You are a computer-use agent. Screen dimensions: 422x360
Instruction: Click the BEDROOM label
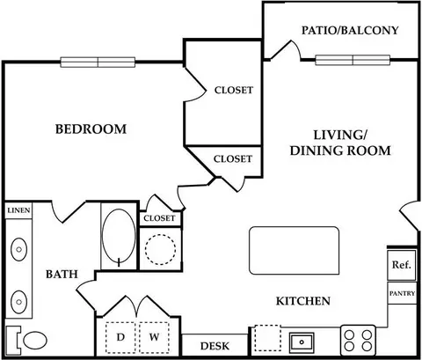[x=91, y=129]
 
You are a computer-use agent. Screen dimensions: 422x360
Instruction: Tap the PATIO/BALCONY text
[x=350, y=30]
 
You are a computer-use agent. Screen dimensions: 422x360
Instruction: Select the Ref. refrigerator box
[x=402, y=265]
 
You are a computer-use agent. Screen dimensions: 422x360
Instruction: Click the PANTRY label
[x=402, y=293]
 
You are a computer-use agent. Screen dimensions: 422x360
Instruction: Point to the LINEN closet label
[x=18, y=210]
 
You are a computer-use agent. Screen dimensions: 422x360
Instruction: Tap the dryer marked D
[x=120, y=337]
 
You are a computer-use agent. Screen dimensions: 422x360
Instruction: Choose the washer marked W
[x=154, y=337]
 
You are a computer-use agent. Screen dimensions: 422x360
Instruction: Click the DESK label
[x=215, y=346]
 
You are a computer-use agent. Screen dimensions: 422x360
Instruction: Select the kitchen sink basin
[x=302, y=342]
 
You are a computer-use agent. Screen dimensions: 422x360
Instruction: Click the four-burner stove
[x=358, y=341]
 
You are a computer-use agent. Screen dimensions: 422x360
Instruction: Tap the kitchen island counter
[x=295, y=251]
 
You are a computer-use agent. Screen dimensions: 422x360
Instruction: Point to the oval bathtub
[x=119, y=236]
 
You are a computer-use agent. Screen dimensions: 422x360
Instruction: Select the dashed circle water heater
[x=160, y=249]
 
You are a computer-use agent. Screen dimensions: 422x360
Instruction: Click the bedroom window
[x=98, y=62]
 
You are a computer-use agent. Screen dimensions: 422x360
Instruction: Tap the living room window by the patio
[x=353, y=60]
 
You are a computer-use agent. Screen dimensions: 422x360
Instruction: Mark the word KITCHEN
[x=303, y=301]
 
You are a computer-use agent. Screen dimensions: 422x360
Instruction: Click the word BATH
[x=62, y=275]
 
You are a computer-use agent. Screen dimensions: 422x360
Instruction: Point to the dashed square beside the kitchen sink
[x=268, y=338]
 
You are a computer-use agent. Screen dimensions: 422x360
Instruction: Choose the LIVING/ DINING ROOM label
[x=340, y=143]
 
